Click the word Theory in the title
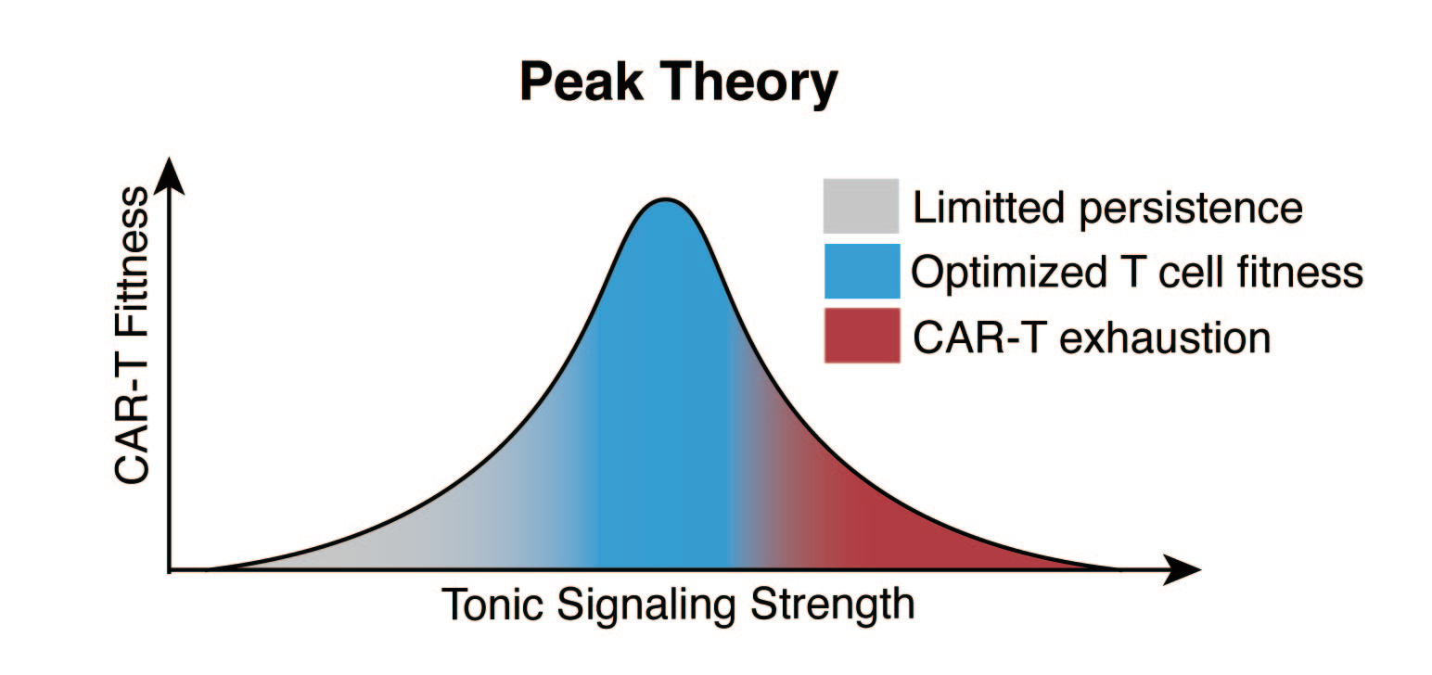click(x=751, y=83)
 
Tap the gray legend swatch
click(x=860, y=206)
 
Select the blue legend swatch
click(x=860, y=271)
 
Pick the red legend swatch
click(x=860, y=335)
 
